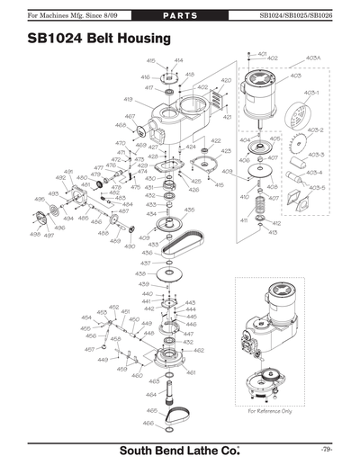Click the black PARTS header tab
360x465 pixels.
tap(180, 16)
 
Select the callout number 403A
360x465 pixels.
tap(313, 58)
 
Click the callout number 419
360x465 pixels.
tap(129, 99)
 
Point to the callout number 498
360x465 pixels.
tap(34, 234)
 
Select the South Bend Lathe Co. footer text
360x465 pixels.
tap(179, 448)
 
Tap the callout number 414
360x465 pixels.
tap(178, 60)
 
